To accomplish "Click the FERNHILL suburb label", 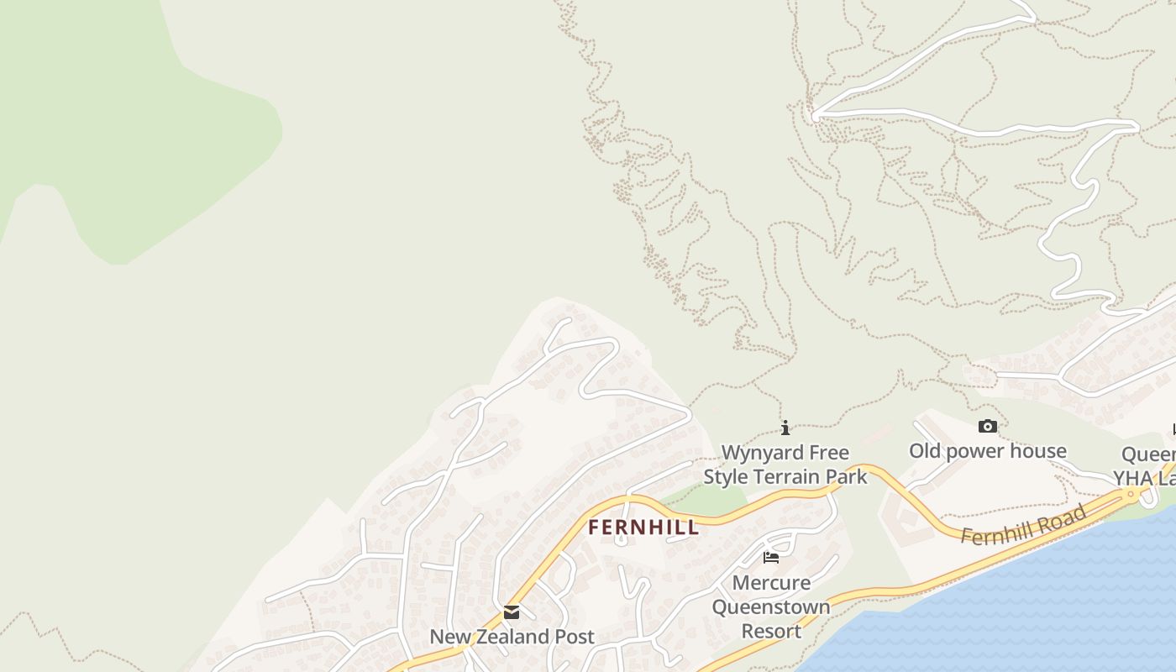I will tap(643, 528).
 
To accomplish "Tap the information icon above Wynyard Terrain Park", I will tap(785, 428).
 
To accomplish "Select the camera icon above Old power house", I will tap(988, 427).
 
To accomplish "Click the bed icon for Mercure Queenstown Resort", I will tap(771, 557).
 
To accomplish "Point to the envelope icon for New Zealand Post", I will tap(512, 612).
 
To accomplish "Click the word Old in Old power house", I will tap(925, 451).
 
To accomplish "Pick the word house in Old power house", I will tap(1038, 451).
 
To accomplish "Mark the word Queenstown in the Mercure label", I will tap(771, 606).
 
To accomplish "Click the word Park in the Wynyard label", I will tap(849, 477).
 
